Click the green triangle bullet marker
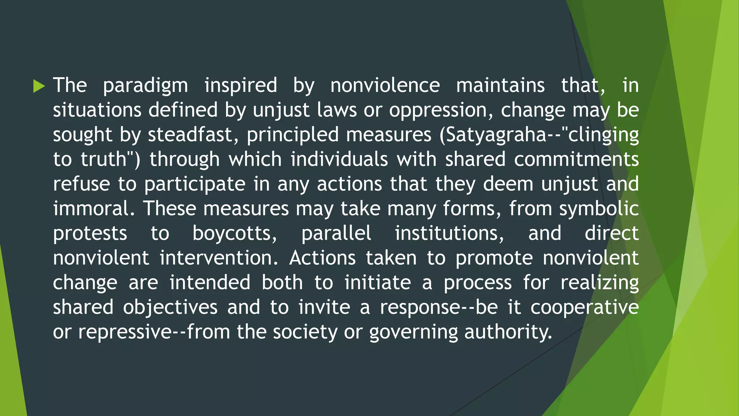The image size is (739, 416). pyautogui.click(x=39, y=86)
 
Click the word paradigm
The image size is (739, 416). pyautogui.click(x=145, y=86)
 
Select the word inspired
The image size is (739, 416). pyautogui.click(x=241, y=86)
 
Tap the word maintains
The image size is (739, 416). pyautogui.click(x=500, y=86)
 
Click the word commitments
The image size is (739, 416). pyautogui.click(x=576, y=160)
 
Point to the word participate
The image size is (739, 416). pyautogui.click(x=195, y=184)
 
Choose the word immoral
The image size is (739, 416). pyautogui.click(x=93, y=209)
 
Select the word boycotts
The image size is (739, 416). pyautogui.click(x=234, y=233)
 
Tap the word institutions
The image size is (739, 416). pyautogui.click(x=449, y=233)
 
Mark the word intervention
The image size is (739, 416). pyautogui.click(x=219, y=258)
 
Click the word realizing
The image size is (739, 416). pyautogui.click(x=599, y=282)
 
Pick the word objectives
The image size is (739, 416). pyautogui.click(x=170, y=307)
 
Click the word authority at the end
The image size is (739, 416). pyautogui.click(x=508, y=332)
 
